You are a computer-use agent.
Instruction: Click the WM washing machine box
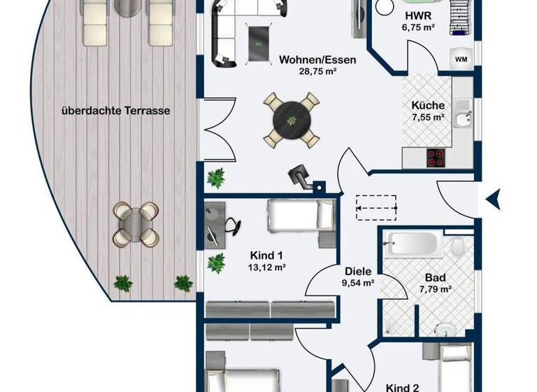click(461, 59)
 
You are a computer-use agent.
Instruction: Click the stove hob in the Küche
click(437, 158)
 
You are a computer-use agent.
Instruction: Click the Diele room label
click(358, 272)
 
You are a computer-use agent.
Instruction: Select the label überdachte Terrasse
click(116, 111)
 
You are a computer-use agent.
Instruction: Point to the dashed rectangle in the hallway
click(375, 203)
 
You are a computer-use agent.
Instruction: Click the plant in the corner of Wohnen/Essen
click(216, 177)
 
